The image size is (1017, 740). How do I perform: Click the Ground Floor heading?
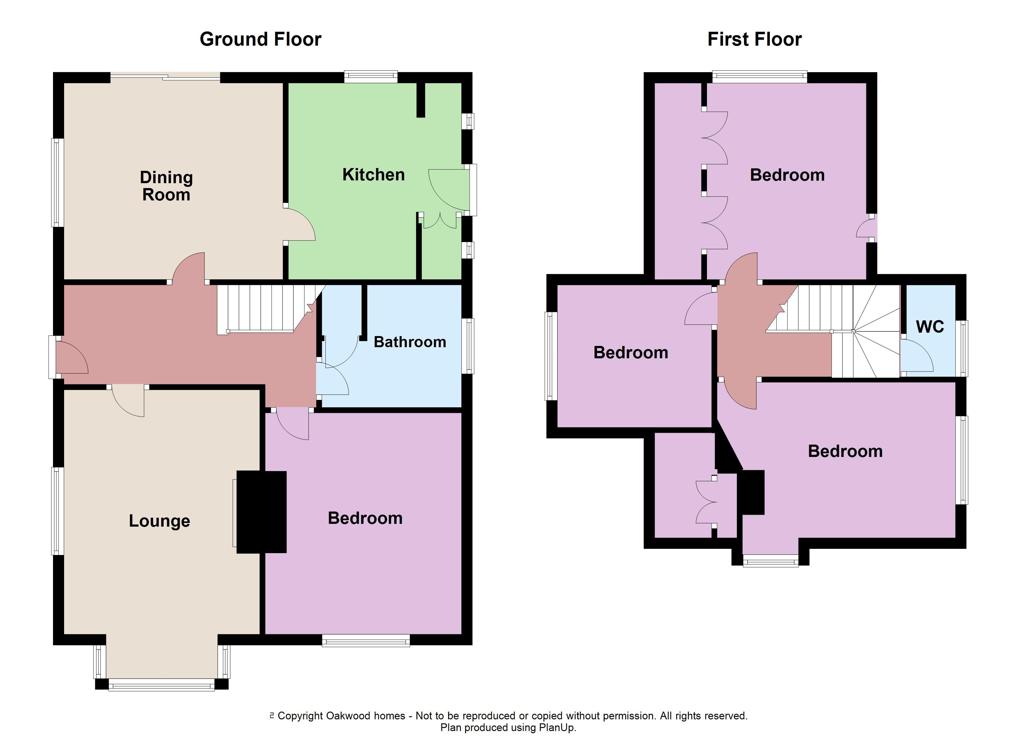click(x=260, y=39)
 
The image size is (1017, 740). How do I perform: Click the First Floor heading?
click(x=755, y=39)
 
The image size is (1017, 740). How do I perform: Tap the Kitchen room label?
click(x=374, y=175)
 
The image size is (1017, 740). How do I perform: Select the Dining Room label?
click(x=166, y=186)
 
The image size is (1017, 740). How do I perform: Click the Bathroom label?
click(x=410, y=342)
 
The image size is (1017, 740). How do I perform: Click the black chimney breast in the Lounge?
click(x=261, y=512)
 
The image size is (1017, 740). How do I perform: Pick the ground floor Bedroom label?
click(x=365, y=518)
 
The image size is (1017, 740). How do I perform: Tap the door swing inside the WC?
click(x=917, y=356)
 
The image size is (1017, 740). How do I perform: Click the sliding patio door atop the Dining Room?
click(x=165, y=77)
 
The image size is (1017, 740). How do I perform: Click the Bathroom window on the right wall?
click(x=468, y=346)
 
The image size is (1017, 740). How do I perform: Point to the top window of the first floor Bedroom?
click(x=760, y=77)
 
